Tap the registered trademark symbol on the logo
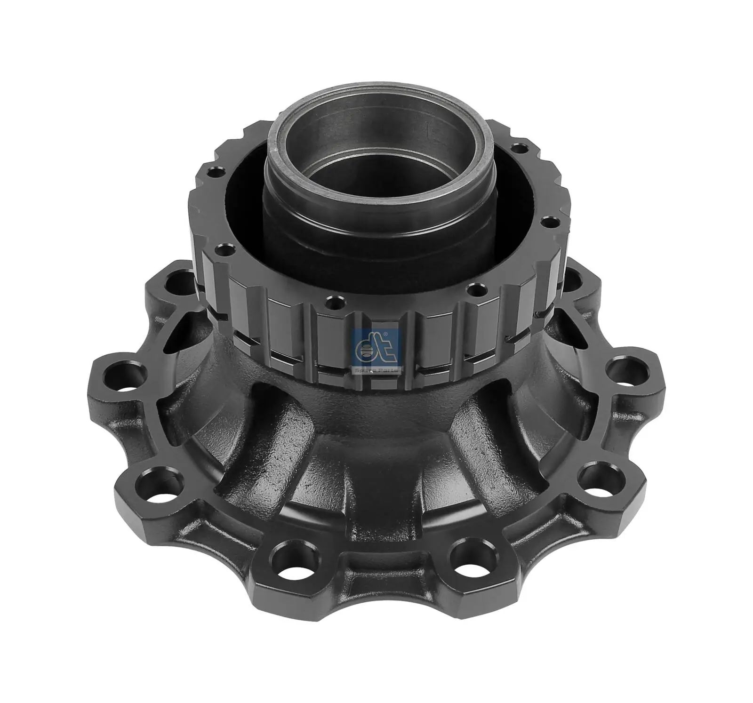pos(385,333)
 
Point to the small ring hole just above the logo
pos(334,299)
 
